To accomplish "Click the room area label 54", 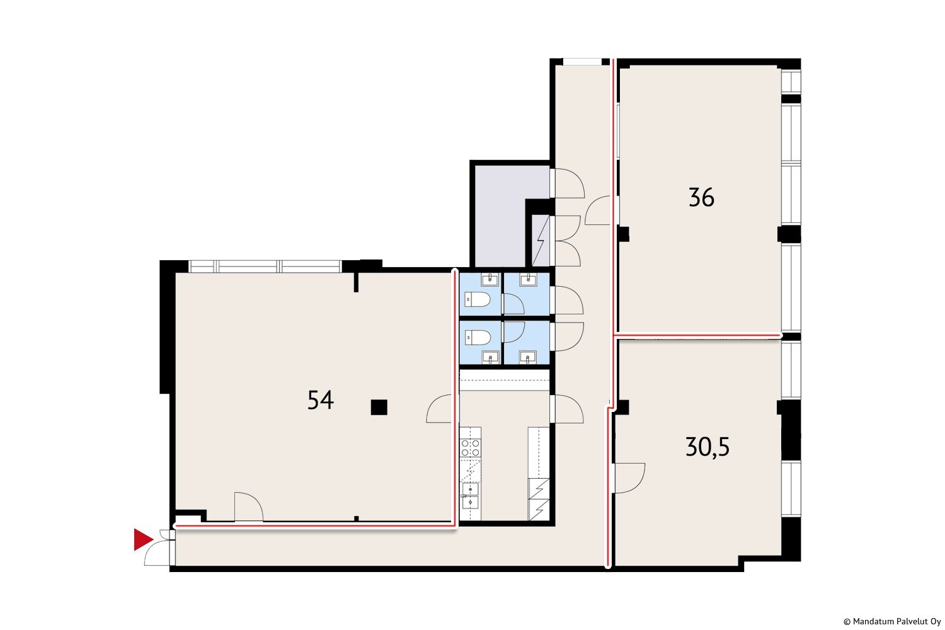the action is click(321, 400).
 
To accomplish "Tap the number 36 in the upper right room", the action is click(701, 197).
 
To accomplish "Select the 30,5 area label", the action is click(707, 447).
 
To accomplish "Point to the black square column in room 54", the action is click(379, 407).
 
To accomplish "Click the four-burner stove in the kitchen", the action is click(471, 448).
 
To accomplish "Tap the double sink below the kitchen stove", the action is click(471, 496).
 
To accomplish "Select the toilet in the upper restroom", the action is click(478, 300).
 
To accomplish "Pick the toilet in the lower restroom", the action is click(478, 338).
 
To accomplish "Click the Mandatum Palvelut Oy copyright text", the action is click(892, 622).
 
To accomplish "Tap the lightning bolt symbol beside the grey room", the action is click(541, 241).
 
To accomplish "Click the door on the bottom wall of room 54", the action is click(249, 507).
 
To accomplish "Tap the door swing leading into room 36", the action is click(598, 210).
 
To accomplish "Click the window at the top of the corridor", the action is click(582, 62).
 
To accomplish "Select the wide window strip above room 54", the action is click(265, 266).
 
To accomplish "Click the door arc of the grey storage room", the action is click(570, 183).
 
